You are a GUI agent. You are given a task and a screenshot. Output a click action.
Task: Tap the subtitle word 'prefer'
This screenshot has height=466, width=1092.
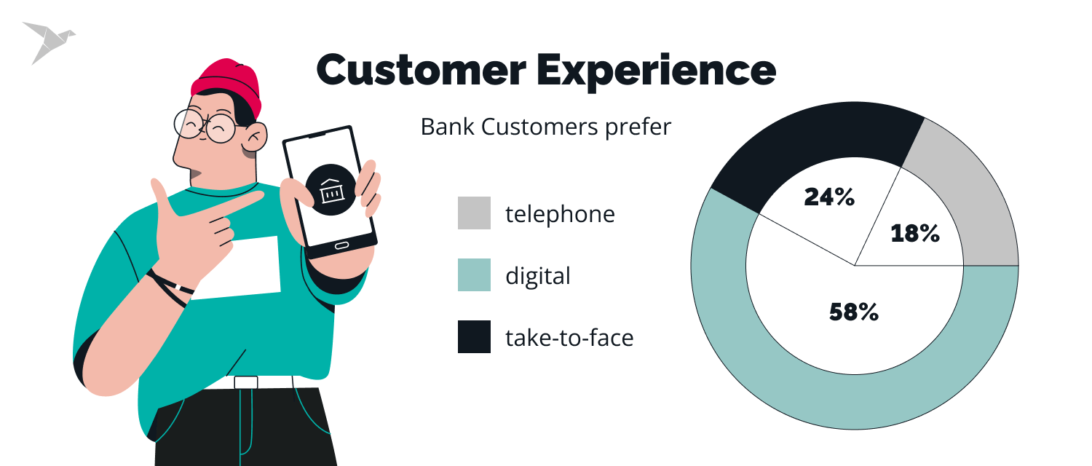640,127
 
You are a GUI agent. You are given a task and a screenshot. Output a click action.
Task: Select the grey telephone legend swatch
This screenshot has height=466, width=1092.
474,213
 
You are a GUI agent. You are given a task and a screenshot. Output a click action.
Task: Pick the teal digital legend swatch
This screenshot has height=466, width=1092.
474,275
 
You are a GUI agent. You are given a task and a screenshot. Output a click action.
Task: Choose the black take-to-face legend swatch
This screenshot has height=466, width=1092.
474,337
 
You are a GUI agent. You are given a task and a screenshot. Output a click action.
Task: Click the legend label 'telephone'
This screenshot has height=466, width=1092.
560,214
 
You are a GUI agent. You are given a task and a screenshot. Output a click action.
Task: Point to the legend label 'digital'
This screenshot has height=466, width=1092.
538,276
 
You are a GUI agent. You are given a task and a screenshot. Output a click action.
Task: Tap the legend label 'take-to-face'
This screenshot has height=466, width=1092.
569,338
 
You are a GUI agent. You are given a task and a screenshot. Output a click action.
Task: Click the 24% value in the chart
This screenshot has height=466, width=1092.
829,197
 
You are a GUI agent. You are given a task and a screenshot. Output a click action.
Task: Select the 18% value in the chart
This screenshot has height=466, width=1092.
915,234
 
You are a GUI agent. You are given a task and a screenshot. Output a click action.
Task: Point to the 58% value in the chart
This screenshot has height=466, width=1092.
854,312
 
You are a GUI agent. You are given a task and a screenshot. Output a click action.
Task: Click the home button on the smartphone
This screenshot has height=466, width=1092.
341,246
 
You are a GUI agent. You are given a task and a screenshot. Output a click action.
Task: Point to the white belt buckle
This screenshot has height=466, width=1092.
246,382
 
